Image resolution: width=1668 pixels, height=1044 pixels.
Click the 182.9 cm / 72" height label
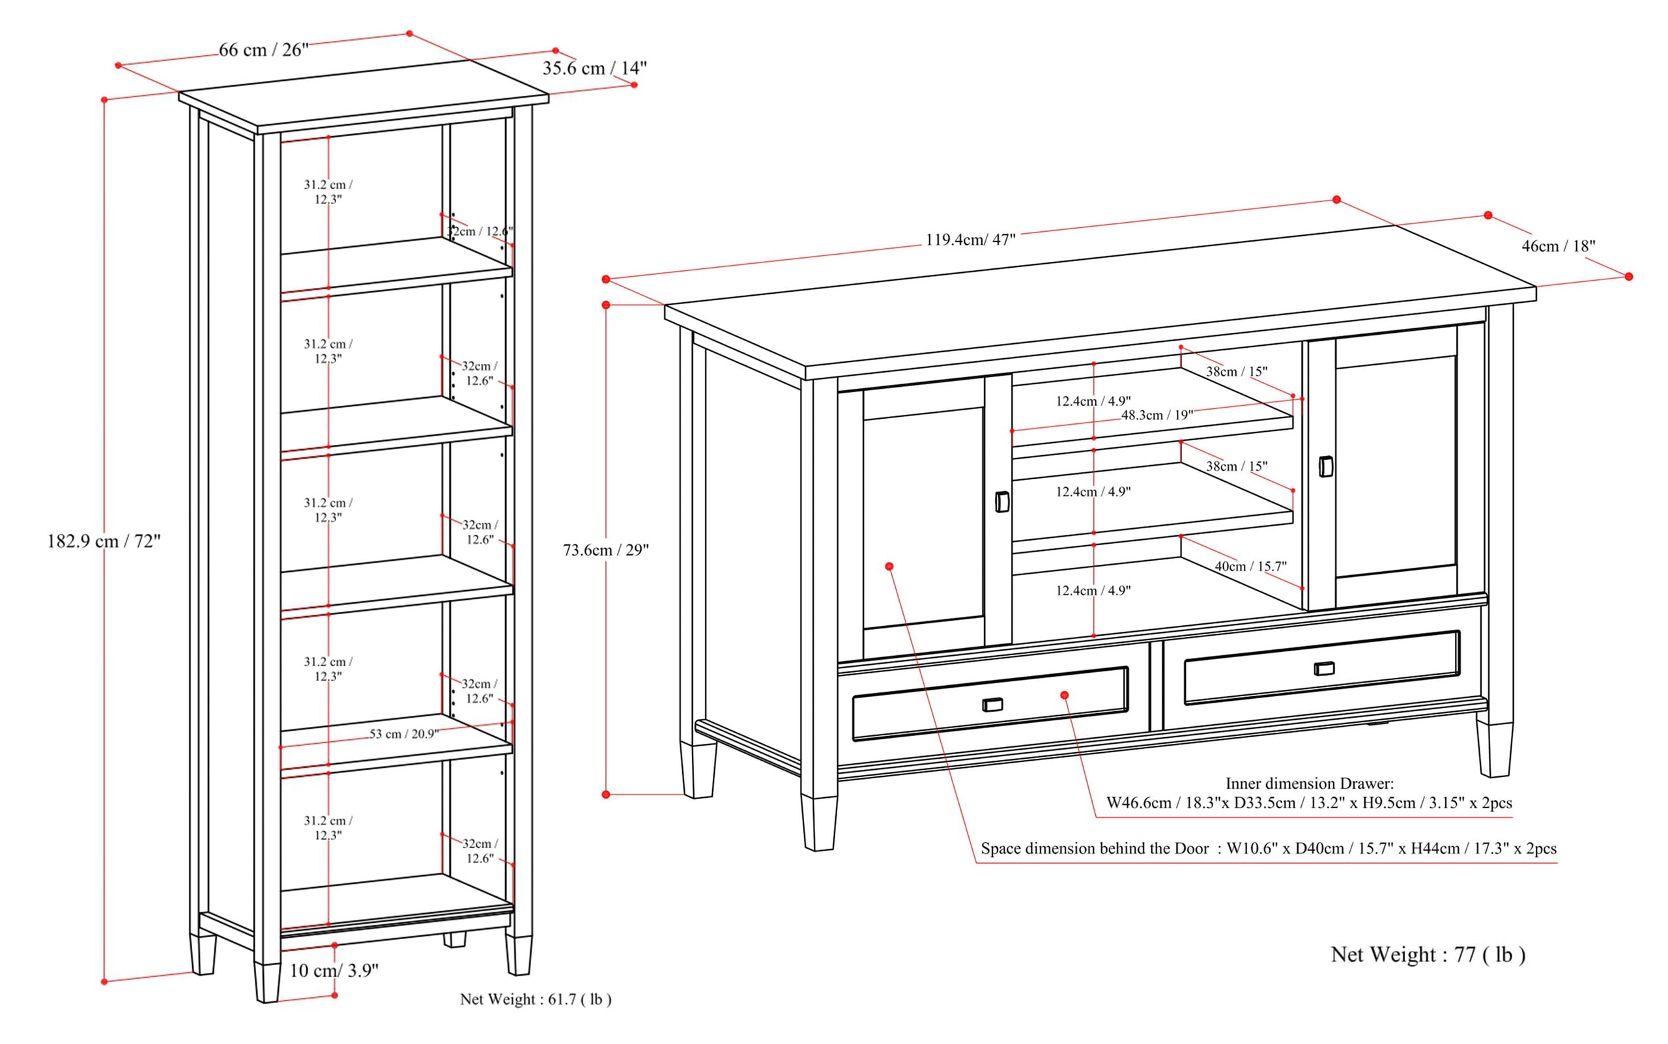click(x=104, y=541)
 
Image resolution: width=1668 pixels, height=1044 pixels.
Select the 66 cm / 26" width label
click(x=263, y=49)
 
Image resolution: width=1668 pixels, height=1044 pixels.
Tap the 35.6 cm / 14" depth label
click(x=594, y=68)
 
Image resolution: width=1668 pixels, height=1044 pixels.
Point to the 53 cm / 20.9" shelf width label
click(x=403, y=734)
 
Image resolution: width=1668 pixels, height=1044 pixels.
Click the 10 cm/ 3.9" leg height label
click(x=334, y=970)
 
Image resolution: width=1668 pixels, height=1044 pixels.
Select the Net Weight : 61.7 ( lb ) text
click(x=536, y=999)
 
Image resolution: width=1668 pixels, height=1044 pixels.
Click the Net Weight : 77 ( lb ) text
click(x=1428, y=954)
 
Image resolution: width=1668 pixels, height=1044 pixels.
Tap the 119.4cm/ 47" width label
click(x=970, y=240)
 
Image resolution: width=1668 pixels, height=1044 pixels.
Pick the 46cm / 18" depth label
click(x=1558, y=246)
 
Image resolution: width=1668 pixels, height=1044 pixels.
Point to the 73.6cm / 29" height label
click(x=606, y=550)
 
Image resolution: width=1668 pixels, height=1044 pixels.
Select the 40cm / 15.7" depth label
click(x=1250, y=566)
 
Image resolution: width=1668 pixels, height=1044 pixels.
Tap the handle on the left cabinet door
click(x=1001, y=502)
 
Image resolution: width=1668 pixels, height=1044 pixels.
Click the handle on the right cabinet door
click(x=1325, y=467)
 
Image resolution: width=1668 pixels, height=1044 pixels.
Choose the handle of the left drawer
click(x=992, y=704)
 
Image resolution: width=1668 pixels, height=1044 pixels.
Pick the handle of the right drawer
click(x=1324, y=668)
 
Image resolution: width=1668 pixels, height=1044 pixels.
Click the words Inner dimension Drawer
click(x=1309, y=783)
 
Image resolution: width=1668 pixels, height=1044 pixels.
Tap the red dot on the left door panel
click(x=889, y=566)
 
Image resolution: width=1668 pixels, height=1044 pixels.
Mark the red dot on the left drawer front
click(x=1065, y=695)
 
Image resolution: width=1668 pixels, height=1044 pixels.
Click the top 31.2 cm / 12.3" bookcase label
click(x=328, y=192)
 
